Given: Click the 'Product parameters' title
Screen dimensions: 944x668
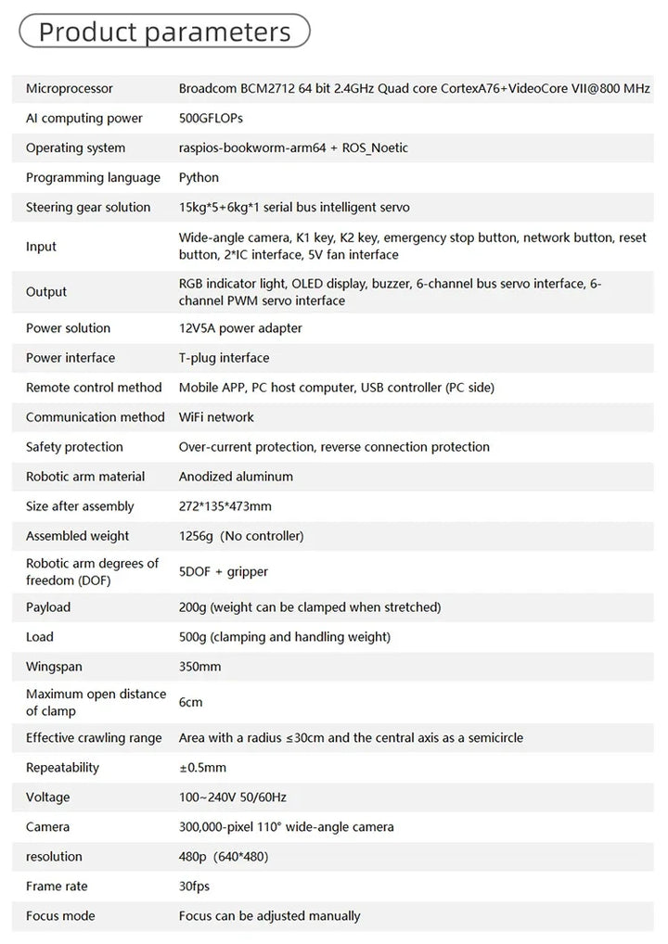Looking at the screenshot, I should click(164, 32).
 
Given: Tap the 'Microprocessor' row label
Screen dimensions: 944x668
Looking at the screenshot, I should click(70, 89).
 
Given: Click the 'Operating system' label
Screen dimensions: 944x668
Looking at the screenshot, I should click(75, 148).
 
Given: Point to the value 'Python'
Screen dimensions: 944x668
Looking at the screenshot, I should click(199, 178).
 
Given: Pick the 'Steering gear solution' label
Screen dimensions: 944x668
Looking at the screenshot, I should click(88, 208).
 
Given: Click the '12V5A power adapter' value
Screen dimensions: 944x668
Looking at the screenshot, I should click(240, 328).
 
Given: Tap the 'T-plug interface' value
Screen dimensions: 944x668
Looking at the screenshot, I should click(224, 358).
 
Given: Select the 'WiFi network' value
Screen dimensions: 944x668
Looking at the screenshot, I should click(216, 417).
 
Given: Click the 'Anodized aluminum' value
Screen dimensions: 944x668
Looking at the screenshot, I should click(236, 477).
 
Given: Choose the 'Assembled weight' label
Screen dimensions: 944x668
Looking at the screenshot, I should click(78, 536).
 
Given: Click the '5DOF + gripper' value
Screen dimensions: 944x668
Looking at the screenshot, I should click(224, 572).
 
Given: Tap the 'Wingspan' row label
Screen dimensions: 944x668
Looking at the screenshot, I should click(53, 667).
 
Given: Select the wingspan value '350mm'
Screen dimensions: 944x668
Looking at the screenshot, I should click(199, 667).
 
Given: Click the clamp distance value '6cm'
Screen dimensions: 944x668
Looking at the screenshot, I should click(190, 702).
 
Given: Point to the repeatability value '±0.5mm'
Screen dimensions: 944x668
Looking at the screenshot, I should click(202, 768).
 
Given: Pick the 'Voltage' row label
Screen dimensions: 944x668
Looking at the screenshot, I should click(48, 797).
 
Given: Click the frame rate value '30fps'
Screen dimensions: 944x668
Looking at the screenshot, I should click(194, 887).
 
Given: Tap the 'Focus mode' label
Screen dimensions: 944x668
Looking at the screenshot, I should click(60, 916).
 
